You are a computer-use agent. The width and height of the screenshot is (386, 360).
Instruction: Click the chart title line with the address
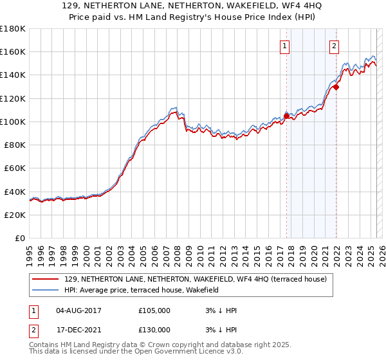(194, 6)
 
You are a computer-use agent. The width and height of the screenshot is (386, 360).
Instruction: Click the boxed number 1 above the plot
(284, 45)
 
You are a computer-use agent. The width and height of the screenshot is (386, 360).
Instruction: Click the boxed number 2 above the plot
(335, 45)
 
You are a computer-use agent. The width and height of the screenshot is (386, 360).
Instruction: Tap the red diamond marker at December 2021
(336, 86)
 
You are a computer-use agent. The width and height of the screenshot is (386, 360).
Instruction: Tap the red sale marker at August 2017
(287, 116)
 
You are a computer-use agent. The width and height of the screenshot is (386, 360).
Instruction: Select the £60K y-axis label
(15, 168)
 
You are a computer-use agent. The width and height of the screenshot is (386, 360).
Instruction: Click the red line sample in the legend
(46, 279)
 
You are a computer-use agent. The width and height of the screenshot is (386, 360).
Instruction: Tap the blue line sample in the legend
(46, 290)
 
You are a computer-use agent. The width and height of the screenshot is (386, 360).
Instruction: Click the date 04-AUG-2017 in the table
(80, 310)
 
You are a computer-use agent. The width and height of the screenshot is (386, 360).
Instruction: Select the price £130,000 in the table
(154, 330)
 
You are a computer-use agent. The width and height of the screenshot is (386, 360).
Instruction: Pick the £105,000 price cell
(154, 310)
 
